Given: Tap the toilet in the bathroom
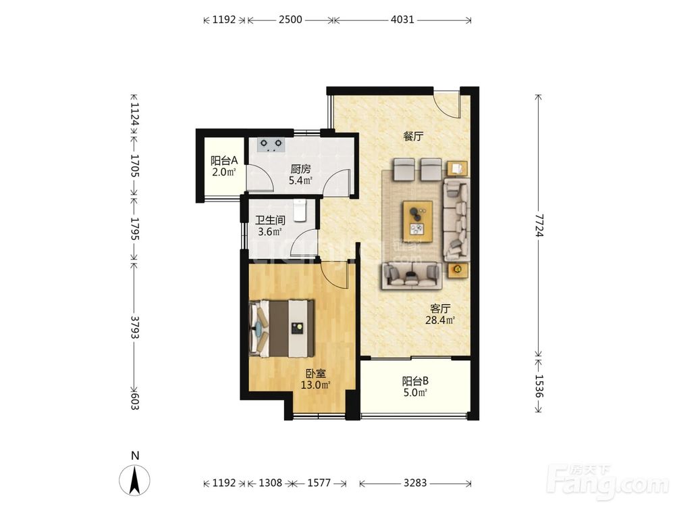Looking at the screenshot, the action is tap(300, 210).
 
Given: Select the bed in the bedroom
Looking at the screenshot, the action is tap(282, 329).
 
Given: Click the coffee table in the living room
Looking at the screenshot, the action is tap(418, 222).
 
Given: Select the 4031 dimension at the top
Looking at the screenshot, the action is tap(402, 20).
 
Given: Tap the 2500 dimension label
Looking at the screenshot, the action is tap(290, 20).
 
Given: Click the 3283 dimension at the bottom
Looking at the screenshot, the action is tap(415, 483).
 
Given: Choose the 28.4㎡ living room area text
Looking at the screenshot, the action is tap(440, 320).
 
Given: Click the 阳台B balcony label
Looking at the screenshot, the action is tap(415, 381).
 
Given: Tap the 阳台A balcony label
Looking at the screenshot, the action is tap(224, 161).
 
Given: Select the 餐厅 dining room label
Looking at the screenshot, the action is tap(413, 137).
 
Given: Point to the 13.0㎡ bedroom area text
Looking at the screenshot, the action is tap(315, 385).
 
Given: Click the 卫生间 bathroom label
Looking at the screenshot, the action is tap(270, 220).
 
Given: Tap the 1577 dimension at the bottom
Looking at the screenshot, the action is tap(319, 483).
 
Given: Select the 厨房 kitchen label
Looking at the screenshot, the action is tap(300, 169).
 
